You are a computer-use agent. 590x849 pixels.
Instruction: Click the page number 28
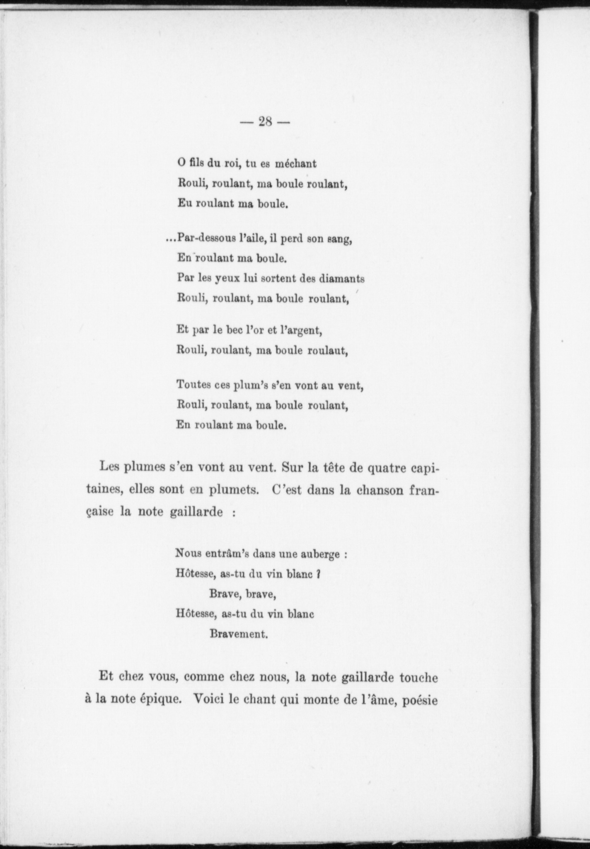pos(265,122)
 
